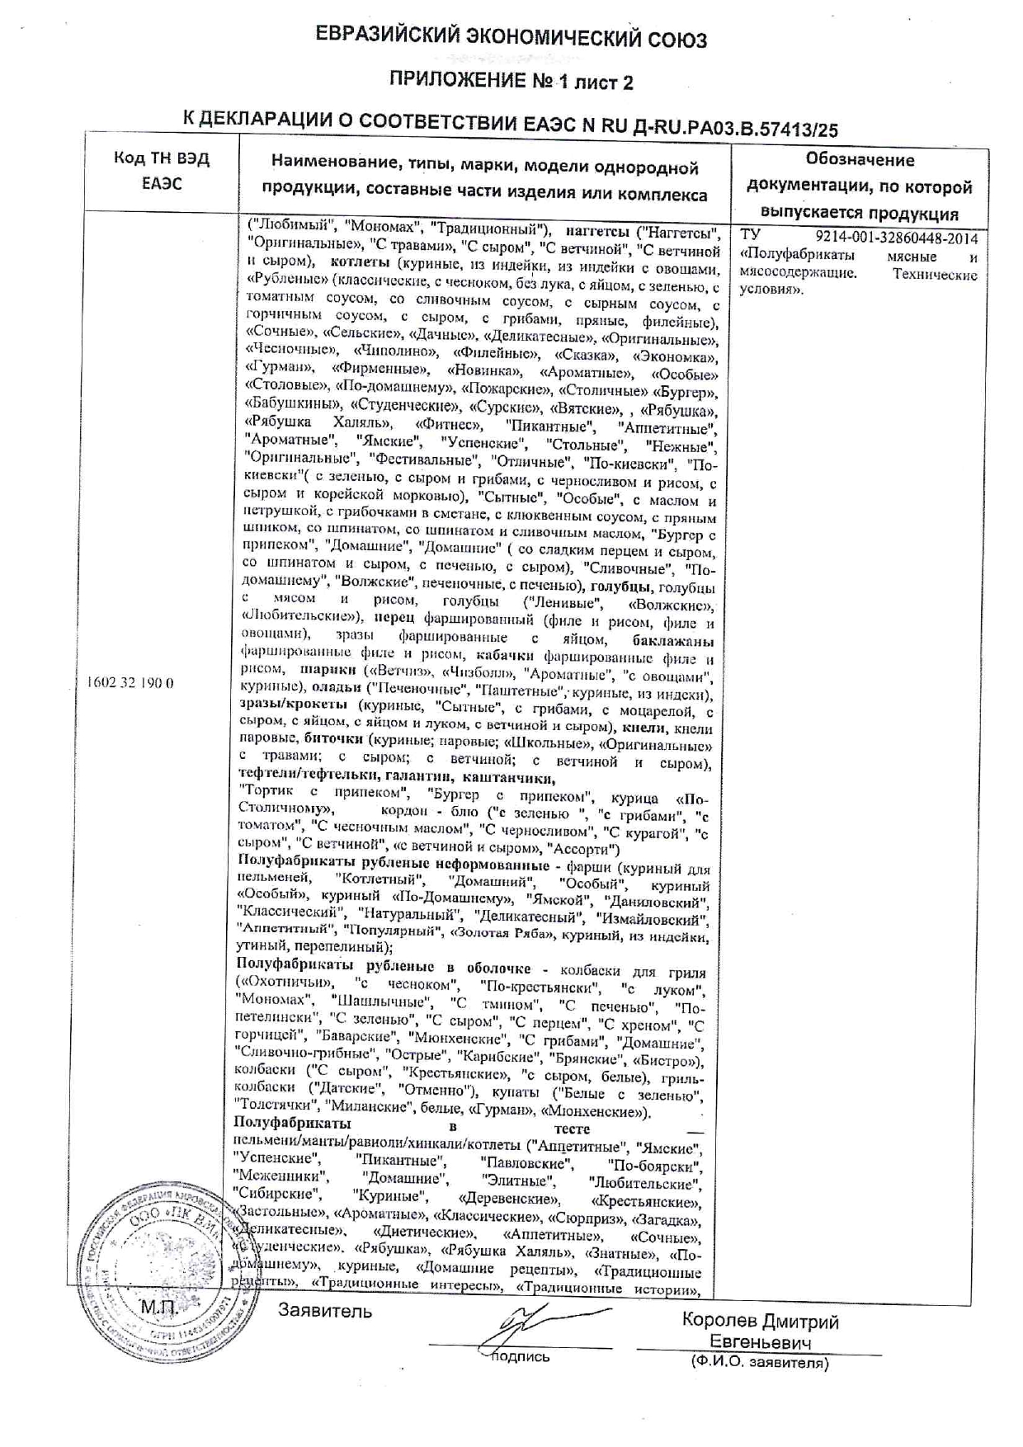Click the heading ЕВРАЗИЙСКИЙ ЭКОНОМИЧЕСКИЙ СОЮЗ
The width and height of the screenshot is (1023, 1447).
click(x=511, y=38)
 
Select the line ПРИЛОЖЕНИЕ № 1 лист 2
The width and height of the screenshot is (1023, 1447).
click(x=511, y=82)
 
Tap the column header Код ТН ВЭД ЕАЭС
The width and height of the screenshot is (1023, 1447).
click(x=162, y=172)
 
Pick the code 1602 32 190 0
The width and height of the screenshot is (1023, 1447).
click(x=130, y=683)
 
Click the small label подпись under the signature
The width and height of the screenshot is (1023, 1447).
click(x=521, y=1357)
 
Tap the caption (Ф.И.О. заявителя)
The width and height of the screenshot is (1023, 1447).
click(x=759, y=1364)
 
